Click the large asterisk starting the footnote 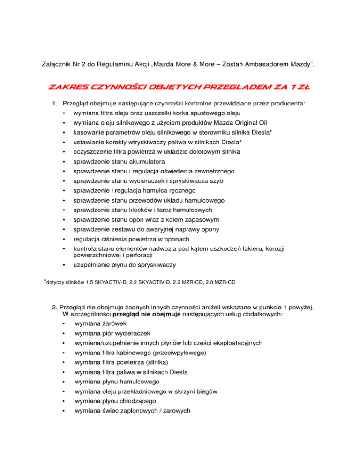click(45, 281)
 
